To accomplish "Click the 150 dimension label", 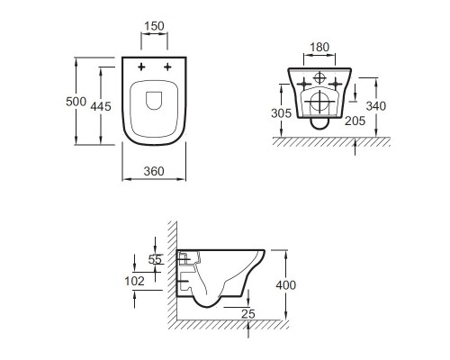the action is (154, 26).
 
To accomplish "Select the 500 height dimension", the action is (76, 102).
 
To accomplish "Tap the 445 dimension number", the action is (101, 106).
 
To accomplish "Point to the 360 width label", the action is (154, 171).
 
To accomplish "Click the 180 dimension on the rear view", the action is (319, 47).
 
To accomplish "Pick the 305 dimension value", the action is (281, 113).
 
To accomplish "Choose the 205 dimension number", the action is (355, 121).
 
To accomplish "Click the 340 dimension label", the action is (376, 106).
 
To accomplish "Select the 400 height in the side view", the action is (286, 285).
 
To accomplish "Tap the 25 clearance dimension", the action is (248, 314).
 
